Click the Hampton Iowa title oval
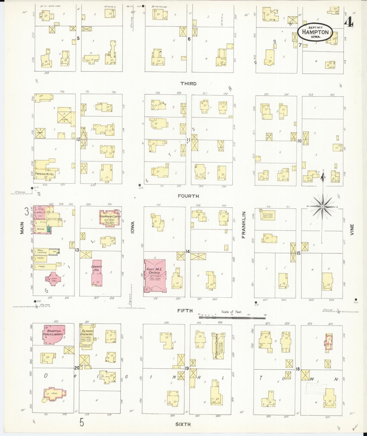coord(315,33)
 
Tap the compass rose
coord(323,207)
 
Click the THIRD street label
coord(188,84)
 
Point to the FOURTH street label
coord(188,196)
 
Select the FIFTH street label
coord(185,311)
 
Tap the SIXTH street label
coord(183,424)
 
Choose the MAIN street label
coord(22,228)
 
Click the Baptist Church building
coord(218,346)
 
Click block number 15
coord(298,253)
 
